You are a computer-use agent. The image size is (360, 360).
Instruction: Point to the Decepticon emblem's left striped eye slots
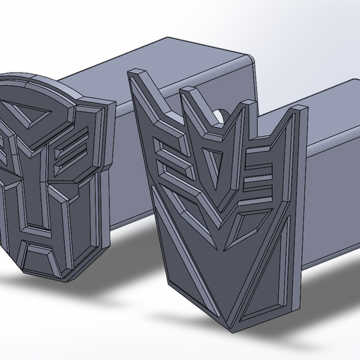tap(171, 157)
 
